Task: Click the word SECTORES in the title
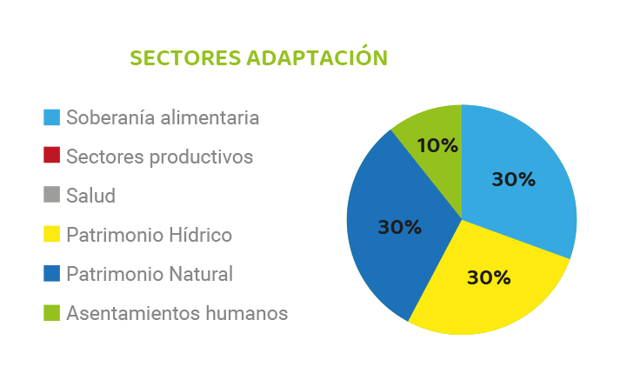point(185,57)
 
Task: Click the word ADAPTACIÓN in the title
point(317,56)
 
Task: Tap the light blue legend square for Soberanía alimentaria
point(52,117)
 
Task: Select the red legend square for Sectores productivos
point(52,155)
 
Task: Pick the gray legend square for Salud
point(52,195)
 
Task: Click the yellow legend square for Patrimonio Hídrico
point(52,234)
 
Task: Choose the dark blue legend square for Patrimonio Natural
point(52,273)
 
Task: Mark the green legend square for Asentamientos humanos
point(52,313)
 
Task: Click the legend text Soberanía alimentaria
point(163,117)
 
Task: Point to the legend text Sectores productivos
point(160,157)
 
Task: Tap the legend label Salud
point(91,196)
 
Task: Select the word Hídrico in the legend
point(201,235)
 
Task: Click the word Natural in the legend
point(201,274)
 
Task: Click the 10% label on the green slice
point(437,145)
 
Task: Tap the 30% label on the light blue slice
point(514,179)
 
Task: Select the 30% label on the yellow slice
point(489,277)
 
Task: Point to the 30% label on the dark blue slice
point(400,227)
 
